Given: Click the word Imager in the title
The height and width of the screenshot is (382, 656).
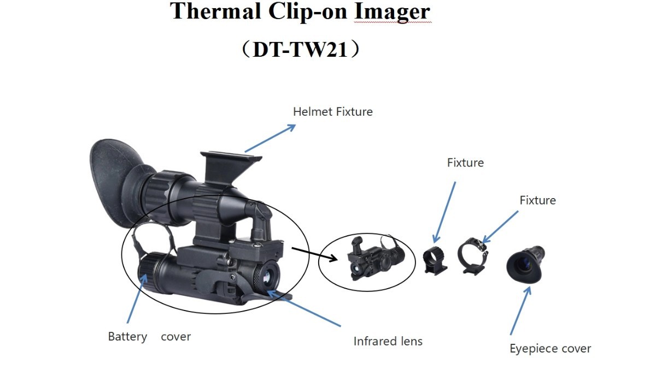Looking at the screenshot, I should (392, 11).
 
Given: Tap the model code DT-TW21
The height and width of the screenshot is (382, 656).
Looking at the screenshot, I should (301, 49).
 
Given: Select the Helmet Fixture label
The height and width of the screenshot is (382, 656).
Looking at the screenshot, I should (332, 112).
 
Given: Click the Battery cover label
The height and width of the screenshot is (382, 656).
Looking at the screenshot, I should (149, 337).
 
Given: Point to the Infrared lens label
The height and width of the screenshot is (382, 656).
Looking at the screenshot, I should (388, 342).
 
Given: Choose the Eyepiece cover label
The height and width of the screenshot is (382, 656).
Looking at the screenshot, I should (550, 349).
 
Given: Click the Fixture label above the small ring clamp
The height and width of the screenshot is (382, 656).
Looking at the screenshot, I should (465, 163).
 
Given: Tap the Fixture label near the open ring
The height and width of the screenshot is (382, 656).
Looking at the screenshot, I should (537, 200).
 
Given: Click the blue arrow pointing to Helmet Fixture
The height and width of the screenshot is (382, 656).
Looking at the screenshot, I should (270, 138).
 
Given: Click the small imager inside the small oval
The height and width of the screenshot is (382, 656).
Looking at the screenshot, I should (374, 259).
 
